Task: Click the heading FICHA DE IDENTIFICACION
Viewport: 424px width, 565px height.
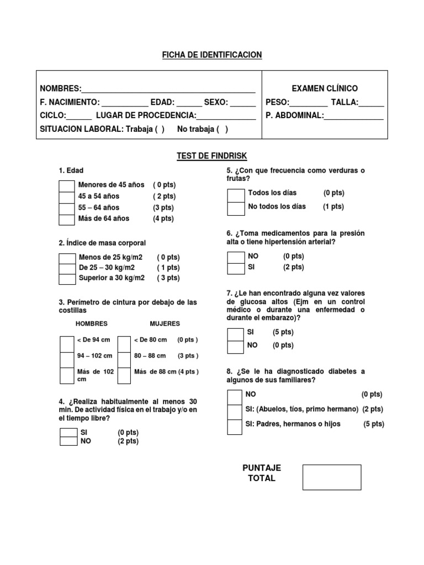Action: point(212,55)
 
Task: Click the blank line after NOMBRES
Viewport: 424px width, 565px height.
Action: point(168,89)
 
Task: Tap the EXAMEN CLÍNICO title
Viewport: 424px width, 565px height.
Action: point(325,88)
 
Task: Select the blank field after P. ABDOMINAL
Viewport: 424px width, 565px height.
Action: point(354,116)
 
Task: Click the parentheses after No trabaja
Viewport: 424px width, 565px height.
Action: point(222,129)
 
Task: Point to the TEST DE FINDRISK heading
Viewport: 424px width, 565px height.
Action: point(212,157)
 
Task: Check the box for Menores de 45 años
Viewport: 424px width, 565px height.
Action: point(66,185)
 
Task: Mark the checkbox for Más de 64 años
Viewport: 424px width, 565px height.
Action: point(66,219)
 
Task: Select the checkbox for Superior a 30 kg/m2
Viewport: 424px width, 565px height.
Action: point(67,279)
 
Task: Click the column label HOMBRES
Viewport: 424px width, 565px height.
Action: point(92,324)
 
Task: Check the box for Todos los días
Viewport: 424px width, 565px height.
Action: point(236,194)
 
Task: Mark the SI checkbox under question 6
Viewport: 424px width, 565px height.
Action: point(236,268)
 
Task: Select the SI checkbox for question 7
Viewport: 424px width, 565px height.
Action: point(236,334)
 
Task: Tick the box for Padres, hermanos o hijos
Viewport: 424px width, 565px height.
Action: point(235,426)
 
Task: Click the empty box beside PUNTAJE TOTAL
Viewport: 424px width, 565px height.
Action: point(332,477)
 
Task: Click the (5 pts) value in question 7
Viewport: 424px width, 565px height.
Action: point(283,333)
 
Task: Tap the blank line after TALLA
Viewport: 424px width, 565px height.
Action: point(372,103)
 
